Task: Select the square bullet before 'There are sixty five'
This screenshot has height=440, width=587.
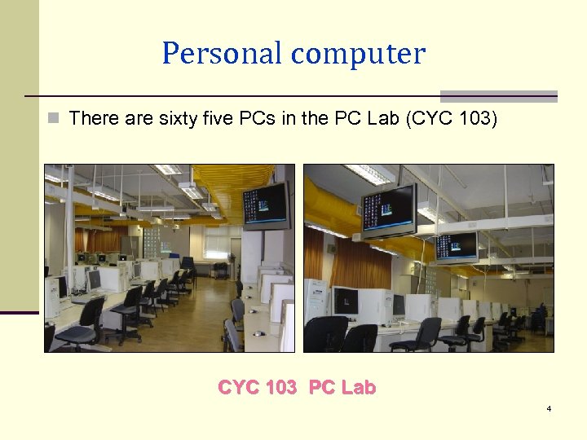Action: pos(54,119)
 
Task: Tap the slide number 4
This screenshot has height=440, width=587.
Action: pos(549,407)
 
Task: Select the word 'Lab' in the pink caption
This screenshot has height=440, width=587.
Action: pos(358,388)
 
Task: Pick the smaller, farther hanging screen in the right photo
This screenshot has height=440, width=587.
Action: pos(456,246)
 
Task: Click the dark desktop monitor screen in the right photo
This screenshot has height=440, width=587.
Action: pos(346,301)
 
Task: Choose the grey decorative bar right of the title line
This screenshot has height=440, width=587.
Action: pos(499,96)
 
